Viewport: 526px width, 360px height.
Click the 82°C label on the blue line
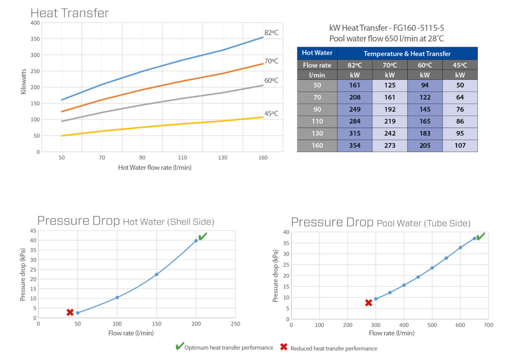tap(271, 32)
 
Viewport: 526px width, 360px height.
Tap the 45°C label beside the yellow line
tap(271, 113)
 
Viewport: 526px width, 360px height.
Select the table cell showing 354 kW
tap(354, 146)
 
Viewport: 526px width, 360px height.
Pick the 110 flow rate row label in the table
tap(317, 121)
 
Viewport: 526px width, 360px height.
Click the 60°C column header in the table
tap(425, 65)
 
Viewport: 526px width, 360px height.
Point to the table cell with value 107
tap(460, 146)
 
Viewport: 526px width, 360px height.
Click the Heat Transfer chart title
tap(69, 13)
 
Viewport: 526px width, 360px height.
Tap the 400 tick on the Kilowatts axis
tap(35, 23)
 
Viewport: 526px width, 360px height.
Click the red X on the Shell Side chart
tap(70, 312)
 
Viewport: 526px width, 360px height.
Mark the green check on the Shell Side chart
tap(203, 236)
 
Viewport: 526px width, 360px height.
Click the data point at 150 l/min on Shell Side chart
tap(156, 274)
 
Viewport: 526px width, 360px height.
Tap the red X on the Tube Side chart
tap(368, 303)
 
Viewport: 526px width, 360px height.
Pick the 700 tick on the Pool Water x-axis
tap(488, 325)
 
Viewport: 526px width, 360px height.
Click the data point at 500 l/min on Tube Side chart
tap(432, 268)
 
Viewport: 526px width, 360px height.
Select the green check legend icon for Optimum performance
tap(179, 347)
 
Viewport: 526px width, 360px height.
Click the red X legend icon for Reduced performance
tap(284, 347)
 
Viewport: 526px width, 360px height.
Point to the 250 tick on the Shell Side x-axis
tap(235, 324)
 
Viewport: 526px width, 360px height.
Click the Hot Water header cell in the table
tap(317, 53)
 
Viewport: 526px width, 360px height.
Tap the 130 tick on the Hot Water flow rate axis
tap(223, 157)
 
